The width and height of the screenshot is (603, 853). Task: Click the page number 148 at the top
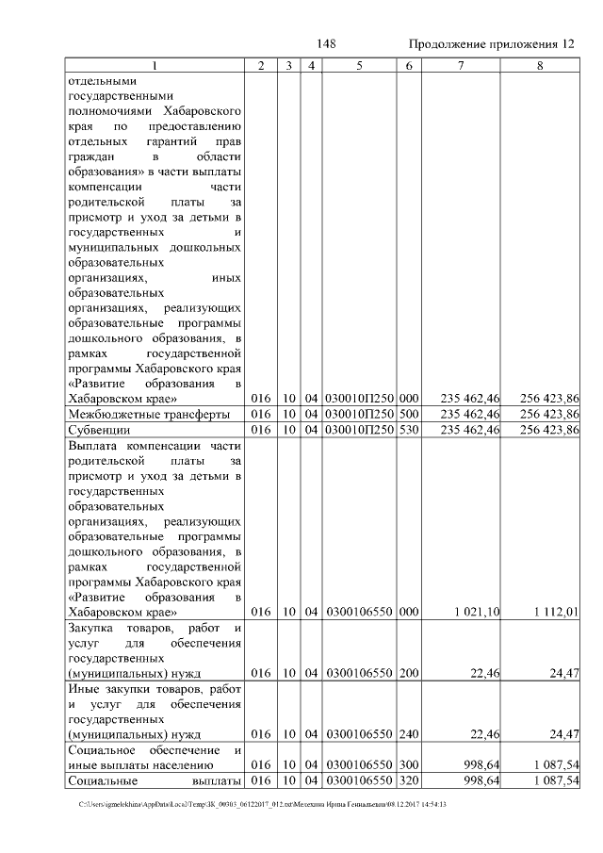click(x=327, y=44)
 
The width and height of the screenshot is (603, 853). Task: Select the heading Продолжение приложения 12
click(x=490, y=44)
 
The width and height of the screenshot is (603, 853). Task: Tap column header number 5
click(x=359, y=66)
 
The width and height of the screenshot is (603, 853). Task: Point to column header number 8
click(x=540, y=66)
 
